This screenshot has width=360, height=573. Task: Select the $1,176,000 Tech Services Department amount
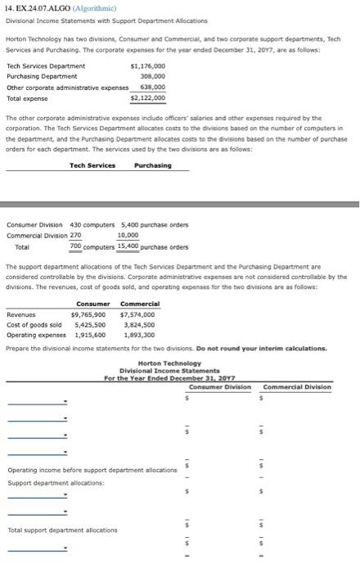coord(147,65)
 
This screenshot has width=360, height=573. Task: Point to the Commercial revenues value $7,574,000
coord(138,314)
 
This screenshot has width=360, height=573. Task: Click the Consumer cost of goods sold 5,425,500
coord(88,324)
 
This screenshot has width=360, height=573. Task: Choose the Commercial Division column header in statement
coord(297,386)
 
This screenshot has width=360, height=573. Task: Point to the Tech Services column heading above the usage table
coord(92,165)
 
